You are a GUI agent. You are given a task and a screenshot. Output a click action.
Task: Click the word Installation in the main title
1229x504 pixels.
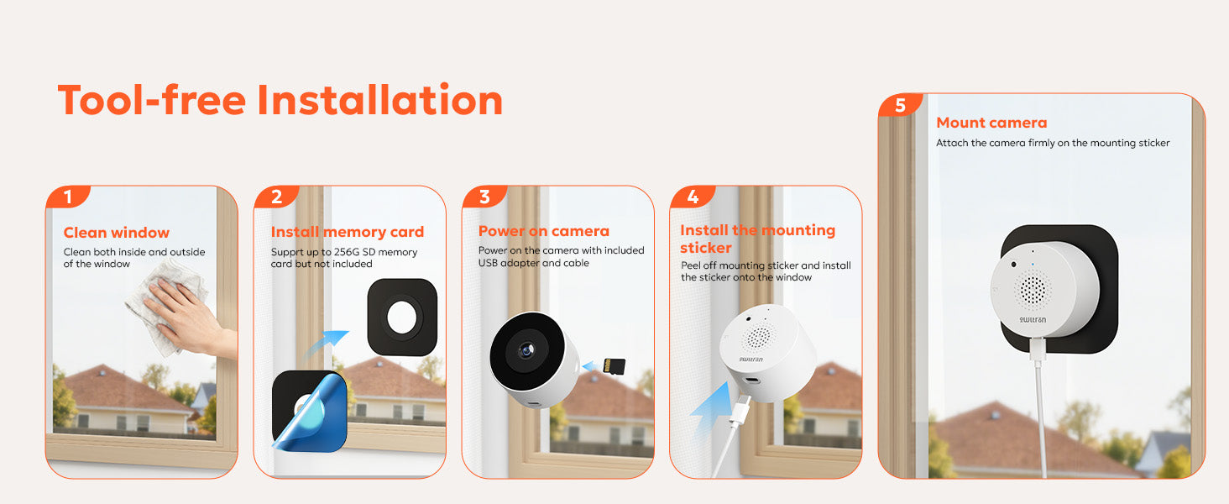[379, 100]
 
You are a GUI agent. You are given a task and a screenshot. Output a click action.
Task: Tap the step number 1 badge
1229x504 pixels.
[68, 197]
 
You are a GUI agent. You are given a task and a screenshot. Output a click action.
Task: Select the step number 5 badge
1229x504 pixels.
[900, 105]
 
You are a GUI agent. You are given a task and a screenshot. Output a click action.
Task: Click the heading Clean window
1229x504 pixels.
[117, 233]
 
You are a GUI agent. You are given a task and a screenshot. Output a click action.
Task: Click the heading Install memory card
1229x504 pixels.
[348, 232]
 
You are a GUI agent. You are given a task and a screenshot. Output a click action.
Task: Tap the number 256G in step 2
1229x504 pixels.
[347, 252]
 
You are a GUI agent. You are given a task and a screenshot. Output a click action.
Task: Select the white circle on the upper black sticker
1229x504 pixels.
[401, 318]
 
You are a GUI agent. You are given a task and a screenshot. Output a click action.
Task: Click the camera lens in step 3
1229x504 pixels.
[526, 349]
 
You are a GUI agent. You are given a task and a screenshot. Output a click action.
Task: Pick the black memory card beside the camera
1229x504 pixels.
[614, 365]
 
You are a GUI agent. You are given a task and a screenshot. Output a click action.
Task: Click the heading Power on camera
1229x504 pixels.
[544, 231]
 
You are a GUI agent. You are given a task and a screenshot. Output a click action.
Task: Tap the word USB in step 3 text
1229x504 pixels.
[488, 263]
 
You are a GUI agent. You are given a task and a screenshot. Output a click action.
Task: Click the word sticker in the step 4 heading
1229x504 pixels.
[705, 248]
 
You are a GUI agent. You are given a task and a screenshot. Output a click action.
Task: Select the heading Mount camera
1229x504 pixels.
[991, 123]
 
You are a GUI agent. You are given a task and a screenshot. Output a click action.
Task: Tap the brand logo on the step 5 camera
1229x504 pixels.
[1033, 319]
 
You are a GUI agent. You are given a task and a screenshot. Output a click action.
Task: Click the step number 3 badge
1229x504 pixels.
[484, 197]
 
